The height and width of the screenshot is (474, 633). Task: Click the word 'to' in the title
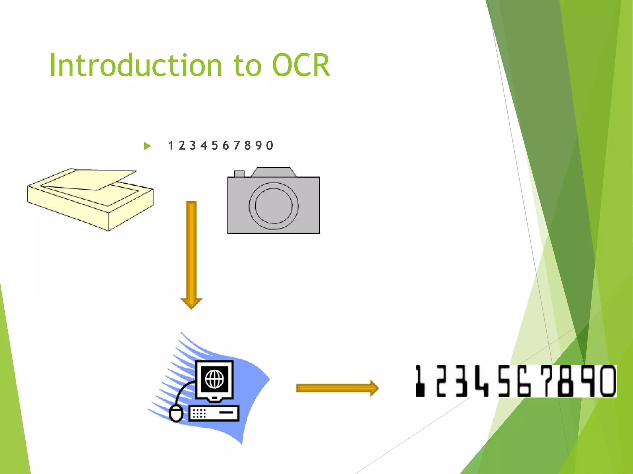point(247,66)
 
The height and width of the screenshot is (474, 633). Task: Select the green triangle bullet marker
point(147,146)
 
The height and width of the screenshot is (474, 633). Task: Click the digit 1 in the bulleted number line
point(171,145)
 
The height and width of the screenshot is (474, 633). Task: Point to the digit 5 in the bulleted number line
point(215,145)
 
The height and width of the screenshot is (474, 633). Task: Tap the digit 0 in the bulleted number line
point(270,145)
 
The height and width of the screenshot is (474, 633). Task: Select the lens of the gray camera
point(274,206)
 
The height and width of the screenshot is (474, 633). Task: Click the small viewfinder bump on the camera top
point(239,174)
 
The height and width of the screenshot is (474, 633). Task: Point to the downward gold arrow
point(191,253)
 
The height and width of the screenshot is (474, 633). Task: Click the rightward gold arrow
point(337,388)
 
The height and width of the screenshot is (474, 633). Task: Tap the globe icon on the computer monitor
point(215,379)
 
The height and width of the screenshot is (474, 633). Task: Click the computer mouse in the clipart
point(176,414)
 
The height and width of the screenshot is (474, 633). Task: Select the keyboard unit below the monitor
point(214,413)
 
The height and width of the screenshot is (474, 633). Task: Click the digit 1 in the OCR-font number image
point(420,381)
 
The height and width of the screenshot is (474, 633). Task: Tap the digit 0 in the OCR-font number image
point(607,381)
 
